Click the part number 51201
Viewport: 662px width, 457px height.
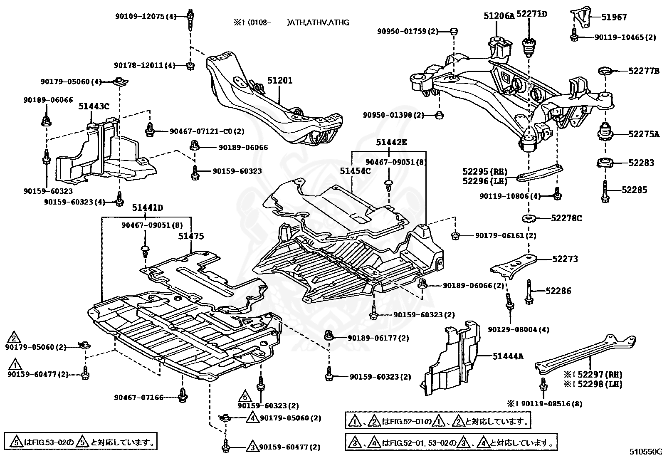(280, 80)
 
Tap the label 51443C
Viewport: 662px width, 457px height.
(94, 106)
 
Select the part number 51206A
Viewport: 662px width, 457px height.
(499, 16)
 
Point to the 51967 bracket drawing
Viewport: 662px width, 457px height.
(580, 17)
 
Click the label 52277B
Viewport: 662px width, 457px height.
(644, 71)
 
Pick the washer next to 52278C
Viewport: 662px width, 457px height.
(529, 219)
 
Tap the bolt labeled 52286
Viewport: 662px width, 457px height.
(529, 291)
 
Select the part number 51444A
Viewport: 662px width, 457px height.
(508, 356)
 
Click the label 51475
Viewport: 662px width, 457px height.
(191, 236)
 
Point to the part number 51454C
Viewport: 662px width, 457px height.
(355, 171)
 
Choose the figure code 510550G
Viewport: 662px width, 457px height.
(645, 452)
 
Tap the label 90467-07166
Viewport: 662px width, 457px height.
(138, 398)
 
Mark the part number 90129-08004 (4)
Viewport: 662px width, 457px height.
(519, 329)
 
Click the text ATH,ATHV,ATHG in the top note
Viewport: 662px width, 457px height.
(318, 22)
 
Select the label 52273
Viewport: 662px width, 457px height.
(565, 259)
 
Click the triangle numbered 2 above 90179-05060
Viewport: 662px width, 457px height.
(14, 338)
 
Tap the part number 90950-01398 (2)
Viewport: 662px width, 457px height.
(393, 115)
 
